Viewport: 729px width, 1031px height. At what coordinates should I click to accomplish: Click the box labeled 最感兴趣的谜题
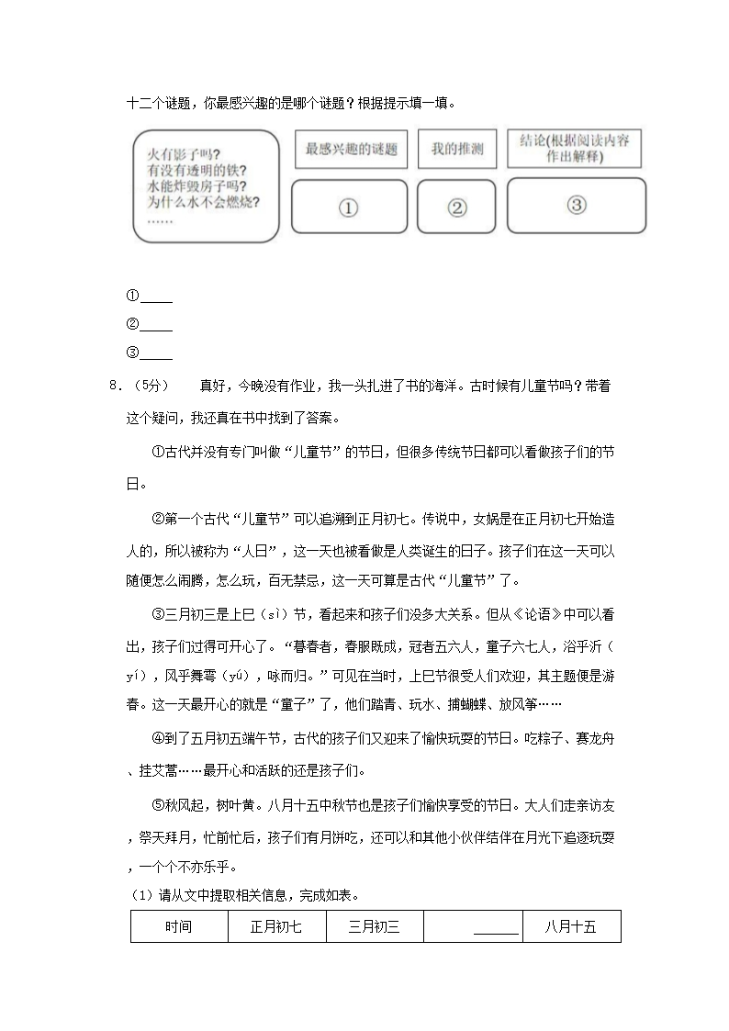(352, 149)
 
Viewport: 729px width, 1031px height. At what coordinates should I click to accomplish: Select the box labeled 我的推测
(456, 149)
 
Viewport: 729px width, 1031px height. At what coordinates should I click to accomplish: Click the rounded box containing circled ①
(348, 207)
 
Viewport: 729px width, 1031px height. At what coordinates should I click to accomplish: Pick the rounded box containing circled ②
(456, 207)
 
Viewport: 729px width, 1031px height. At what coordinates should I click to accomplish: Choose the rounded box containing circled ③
(576, 205)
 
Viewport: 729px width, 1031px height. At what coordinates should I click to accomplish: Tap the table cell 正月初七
(276, 926)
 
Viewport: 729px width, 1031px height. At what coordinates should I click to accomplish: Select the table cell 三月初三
(375, 926)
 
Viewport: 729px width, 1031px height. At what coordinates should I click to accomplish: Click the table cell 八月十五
(571, 926)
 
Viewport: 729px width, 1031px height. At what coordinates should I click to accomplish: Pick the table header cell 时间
(179, 926)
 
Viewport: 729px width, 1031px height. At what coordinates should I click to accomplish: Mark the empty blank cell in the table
(473, 926)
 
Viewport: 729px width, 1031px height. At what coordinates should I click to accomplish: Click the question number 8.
(114, 386)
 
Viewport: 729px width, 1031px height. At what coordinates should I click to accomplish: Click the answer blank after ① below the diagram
(157, 297)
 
